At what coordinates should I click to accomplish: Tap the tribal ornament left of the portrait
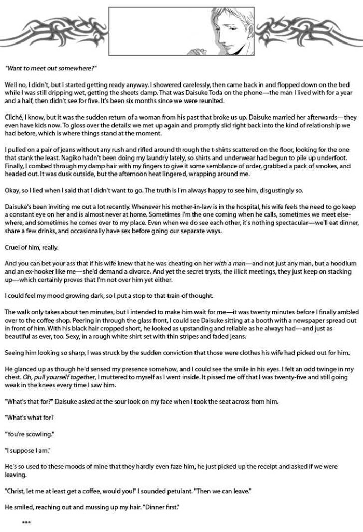point(57,28)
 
